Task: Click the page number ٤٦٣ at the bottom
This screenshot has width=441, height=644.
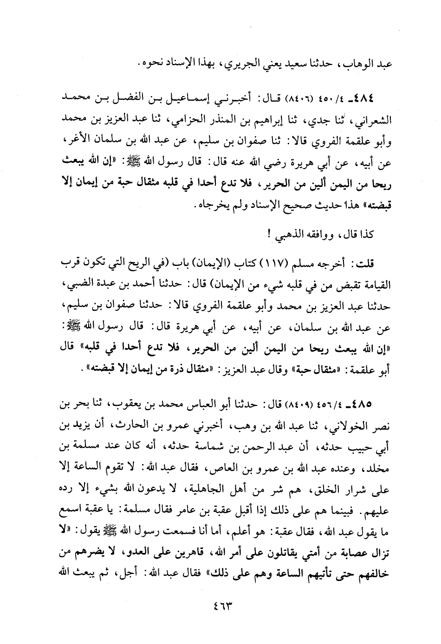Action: (x=221, y=606)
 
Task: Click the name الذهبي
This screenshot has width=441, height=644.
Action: (x=278, y=234)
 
